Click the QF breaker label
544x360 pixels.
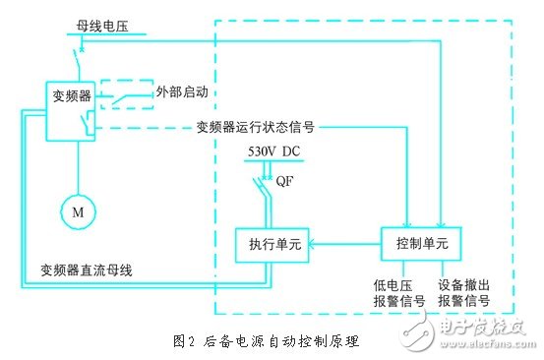(x=285, y=181)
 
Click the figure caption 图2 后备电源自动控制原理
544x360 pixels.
(x=266, y=341)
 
